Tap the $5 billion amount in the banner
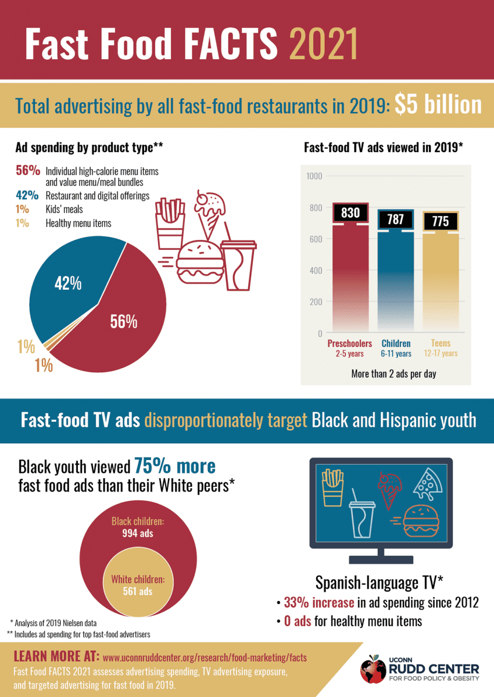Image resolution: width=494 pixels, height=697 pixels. point(438,105)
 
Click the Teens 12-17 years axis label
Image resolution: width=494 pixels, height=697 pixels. point(440,348)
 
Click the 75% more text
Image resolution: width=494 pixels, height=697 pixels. point(175,466)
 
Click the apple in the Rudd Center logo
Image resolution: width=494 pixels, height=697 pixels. point(372,669)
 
